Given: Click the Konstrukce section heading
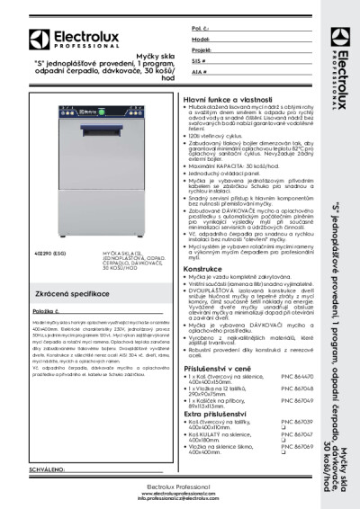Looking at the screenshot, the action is coord(203,268).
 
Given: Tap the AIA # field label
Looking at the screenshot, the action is coord(199,70).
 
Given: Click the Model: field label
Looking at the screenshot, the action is coord(201,40).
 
